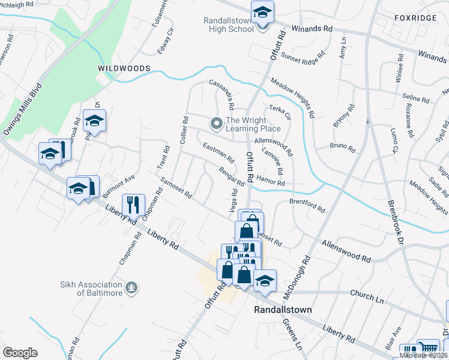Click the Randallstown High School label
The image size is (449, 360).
[x=232, y=23]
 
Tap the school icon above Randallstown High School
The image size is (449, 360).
[x=262, y=12]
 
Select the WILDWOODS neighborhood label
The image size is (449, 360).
[x=124, y=69]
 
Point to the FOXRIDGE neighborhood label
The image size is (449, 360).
[x=415, y=19]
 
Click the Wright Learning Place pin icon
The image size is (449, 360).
[x=216, y=124]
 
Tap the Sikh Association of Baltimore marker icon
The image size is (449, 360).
[x=132, y=289]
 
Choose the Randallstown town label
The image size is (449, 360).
[x=282, y=310]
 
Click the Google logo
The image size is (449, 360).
[x=20, y=353]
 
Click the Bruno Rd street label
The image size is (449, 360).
[x=343, y=146]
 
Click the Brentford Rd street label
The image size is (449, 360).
[x=307, y=206]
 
